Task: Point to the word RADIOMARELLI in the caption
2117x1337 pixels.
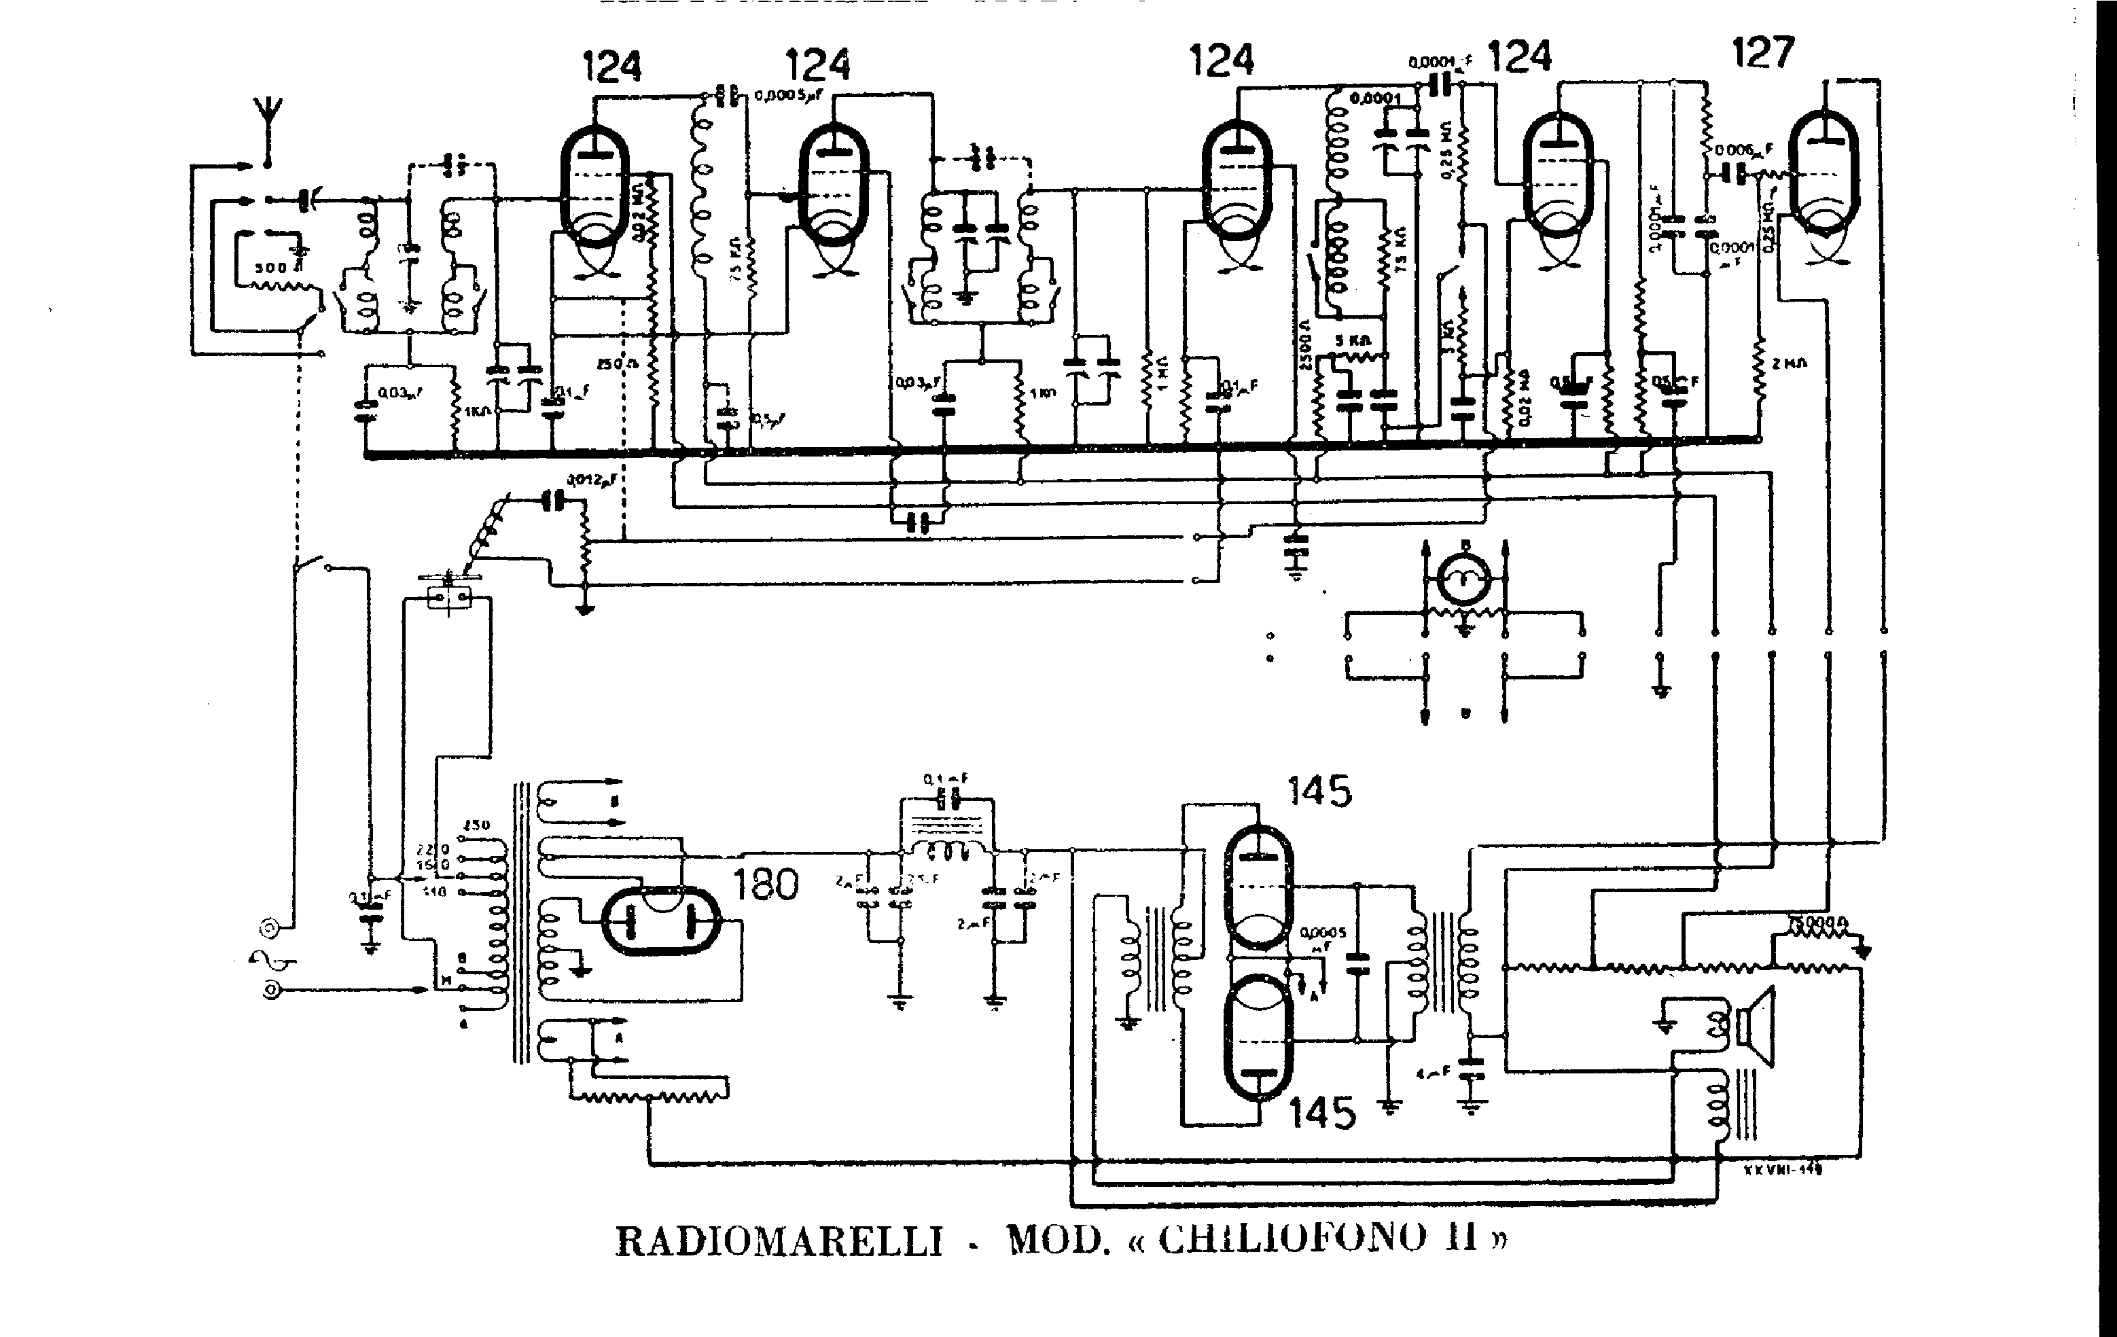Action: click(778, 1241)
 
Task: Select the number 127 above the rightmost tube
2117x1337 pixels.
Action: click(1763, 53)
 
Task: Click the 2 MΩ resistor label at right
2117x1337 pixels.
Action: click(1789, 362)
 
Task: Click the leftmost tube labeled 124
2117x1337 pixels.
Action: click(594, 185)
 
